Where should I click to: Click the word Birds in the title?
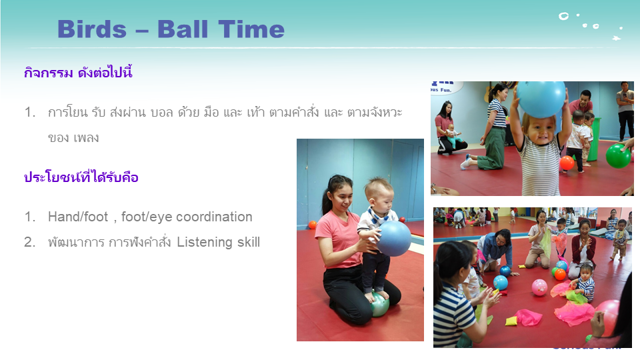[92, 29]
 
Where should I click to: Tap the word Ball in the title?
[183, 29]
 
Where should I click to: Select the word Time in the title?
[251, 29]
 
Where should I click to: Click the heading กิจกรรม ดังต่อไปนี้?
[78, 73]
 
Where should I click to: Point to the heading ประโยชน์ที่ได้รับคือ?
[81, 177]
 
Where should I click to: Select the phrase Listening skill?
[219, 242]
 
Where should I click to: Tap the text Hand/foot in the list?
[78, 217]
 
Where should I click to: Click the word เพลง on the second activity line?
[86, 138]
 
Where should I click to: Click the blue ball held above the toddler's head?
[541, 99]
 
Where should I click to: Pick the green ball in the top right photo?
[618, 155]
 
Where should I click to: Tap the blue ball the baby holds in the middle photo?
[393, 239]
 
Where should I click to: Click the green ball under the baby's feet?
[379, 305]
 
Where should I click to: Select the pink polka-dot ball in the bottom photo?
[539, 287]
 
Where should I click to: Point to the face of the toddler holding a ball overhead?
[541, 131]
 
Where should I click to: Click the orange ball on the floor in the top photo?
[567, 163]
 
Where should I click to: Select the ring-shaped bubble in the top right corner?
[564, 16]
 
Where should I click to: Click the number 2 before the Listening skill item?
[29, 242]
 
